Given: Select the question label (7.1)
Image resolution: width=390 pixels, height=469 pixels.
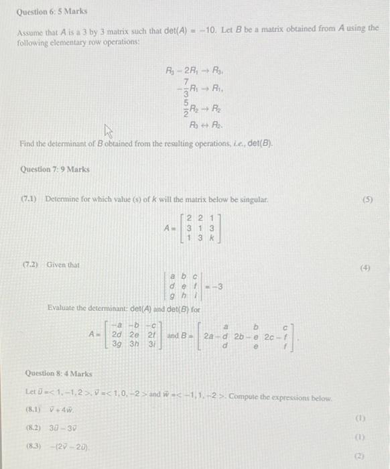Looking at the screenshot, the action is (x=33, y=200).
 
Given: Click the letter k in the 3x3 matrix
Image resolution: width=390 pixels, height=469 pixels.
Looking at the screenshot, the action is (x=212, y=238).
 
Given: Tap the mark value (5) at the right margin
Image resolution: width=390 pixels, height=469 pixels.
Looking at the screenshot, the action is (x=369, y=200).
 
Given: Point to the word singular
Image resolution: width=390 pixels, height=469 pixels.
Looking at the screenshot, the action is (x=251, y=200).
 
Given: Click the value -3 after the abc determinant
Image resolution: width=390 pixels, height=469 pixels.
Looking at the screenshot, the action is (x=216, y=285).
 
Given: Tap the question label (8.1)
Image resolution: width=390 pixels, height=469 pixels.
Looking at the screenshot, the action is (x=32, y=407).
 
